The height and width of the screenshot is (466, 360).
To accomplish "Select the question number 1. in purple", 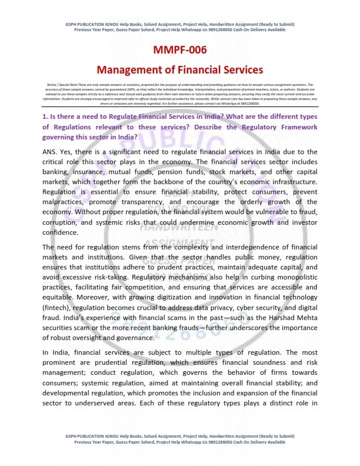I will pyautogui.click(x=45, y=117).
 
